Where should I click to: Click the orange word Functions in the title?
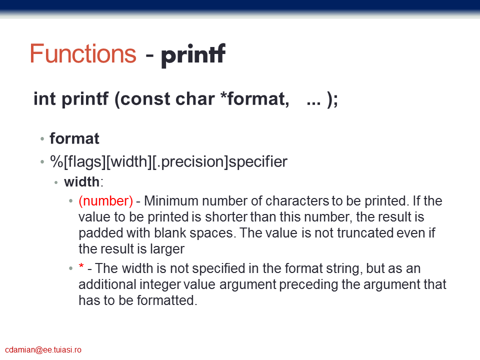click(x=83, y=53)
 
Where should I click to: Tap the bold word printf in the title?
click(x=193, y=55)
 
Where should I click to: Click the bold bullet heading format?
click(x=74, y=138)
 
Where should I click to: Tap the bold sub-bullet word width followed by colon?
click(x=81, y=182)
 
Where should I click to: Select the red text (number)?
click(x=105, y=201)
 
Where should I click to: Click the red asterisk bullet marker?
click(x=81, y=265)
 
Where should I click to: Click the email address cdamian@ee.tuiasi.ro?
click(x=43, y=350)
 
